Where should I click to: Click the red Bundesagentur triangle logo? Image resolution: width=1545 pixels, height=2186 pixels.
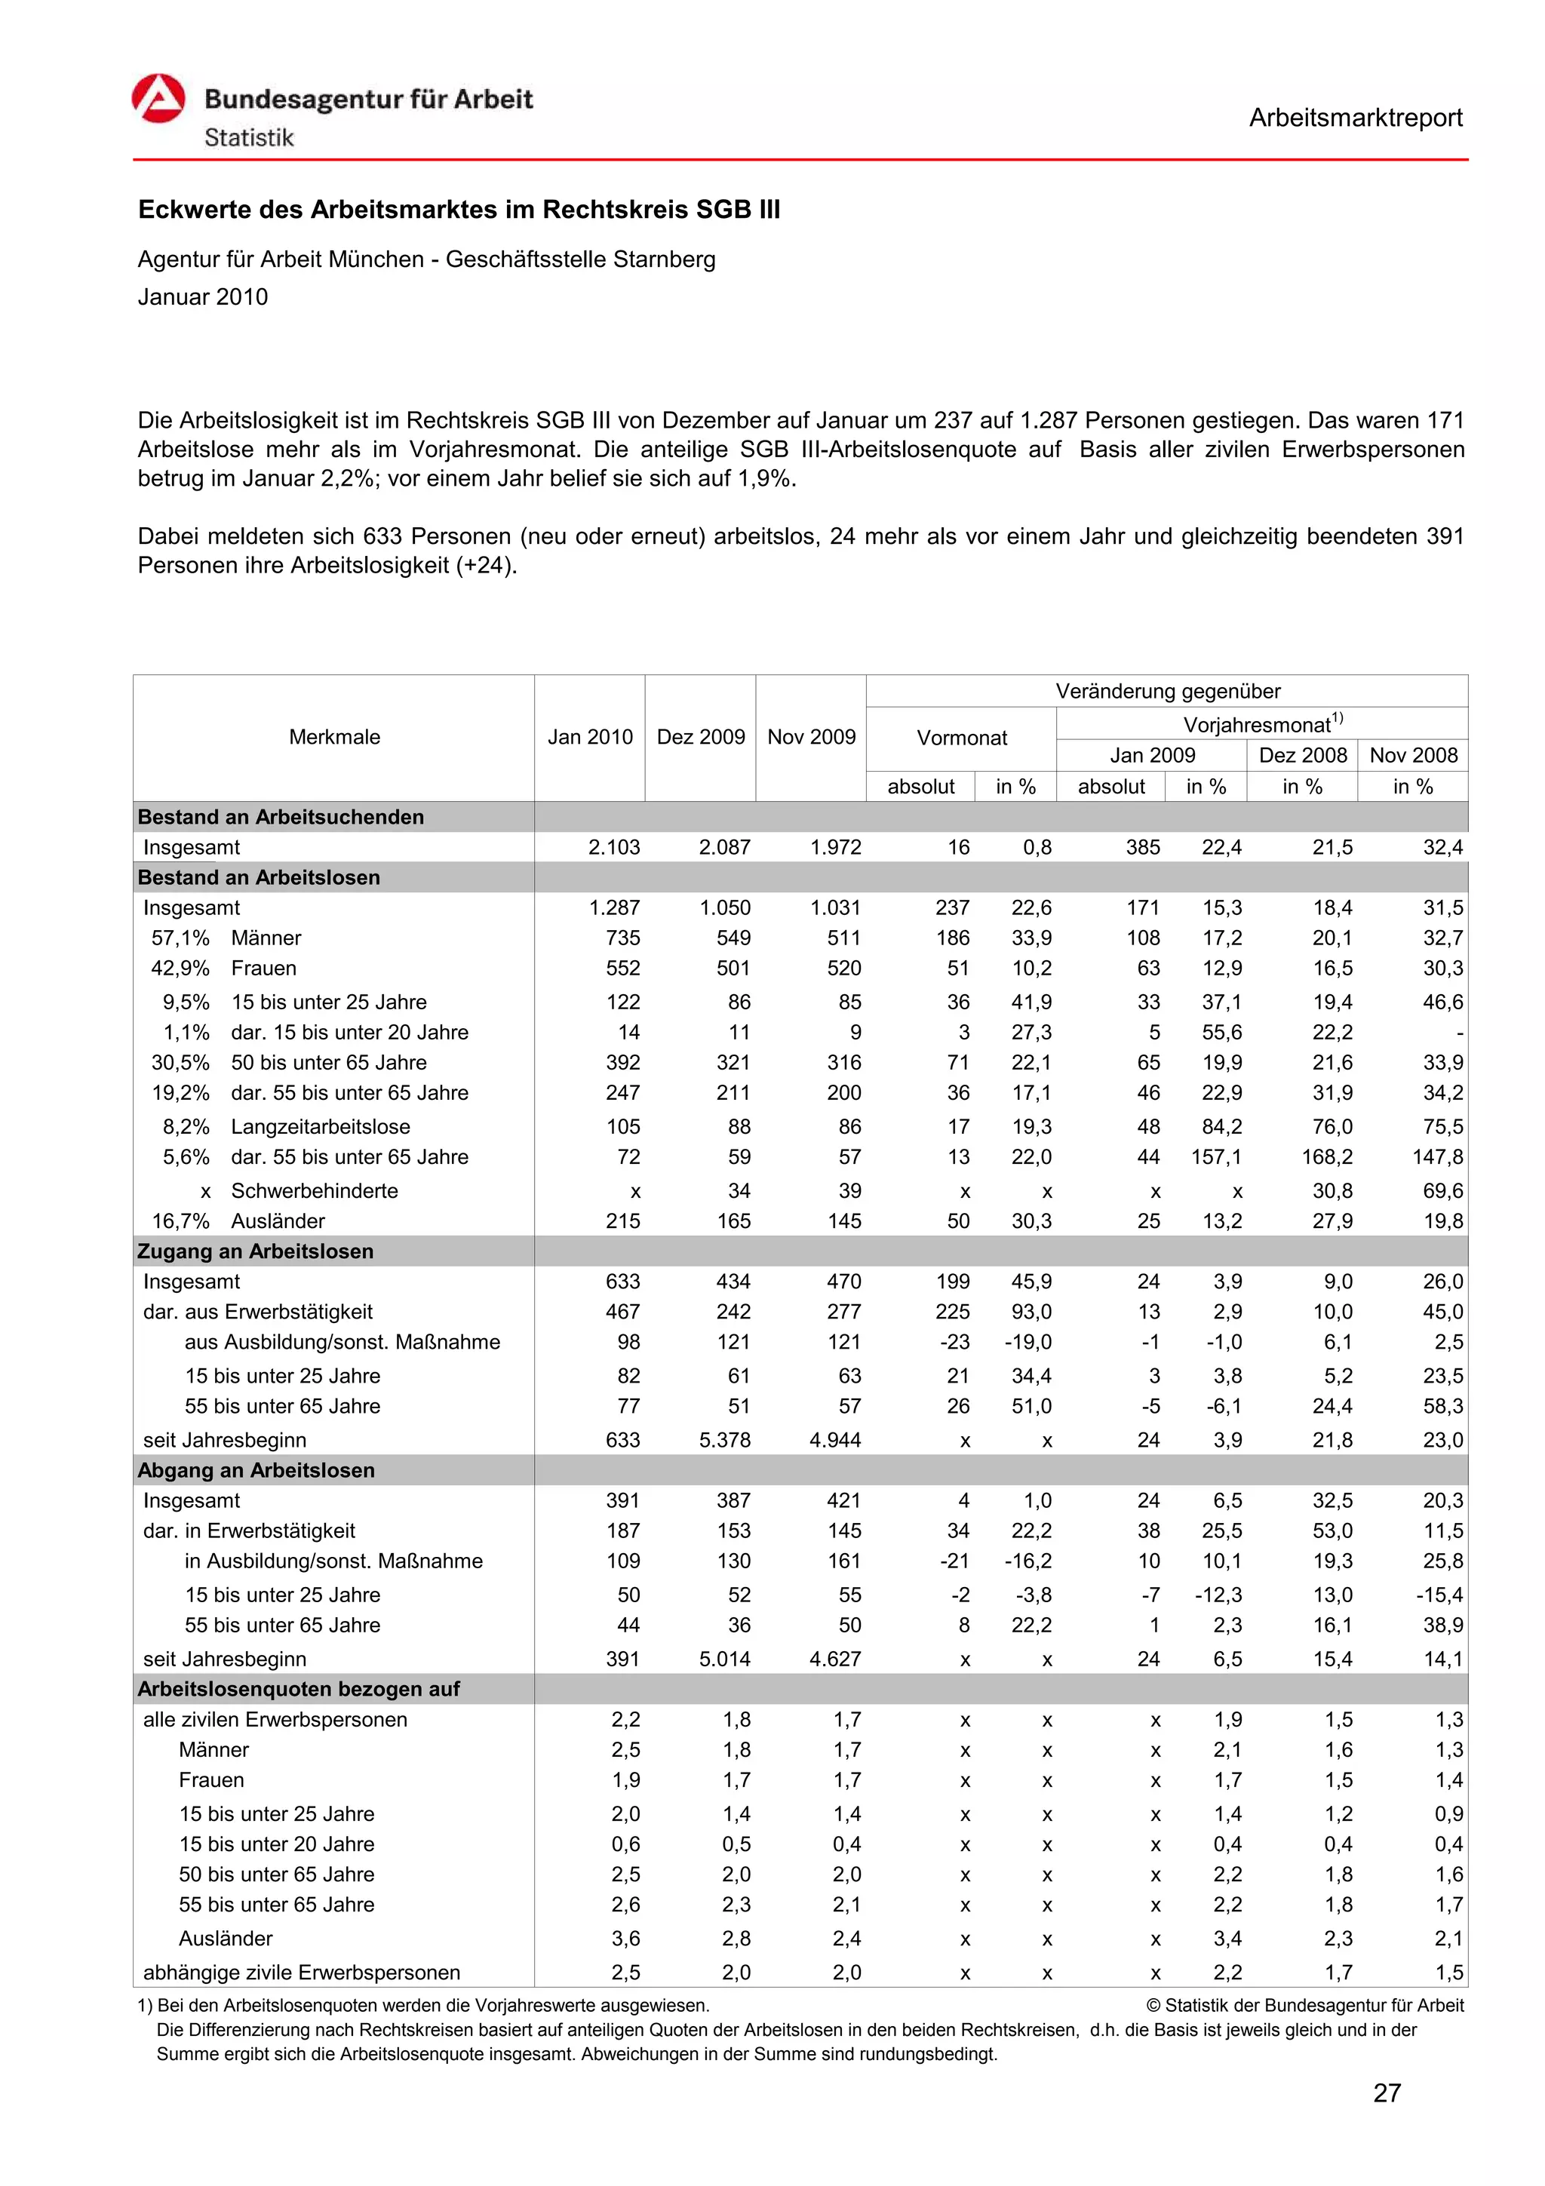158,99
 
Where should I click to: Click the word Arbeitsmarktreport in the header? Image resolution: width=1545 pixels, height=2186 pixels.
1355,118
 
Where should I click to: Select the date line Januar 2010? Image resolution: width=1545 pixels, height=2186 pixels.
203,297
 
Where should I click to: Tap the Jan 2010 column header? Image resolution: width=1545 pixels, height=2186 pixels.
589,737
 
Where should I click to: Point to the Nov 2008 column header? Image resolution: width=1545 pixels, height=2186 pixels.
1413,755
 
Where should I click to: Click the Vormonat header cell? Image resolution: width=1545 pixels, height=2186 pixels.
960,738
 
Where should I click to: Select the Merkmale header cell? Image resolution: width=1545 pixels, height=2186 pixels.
334,737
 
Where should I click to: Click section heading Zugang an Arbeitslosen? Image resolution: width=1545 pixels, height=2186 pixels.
255,1251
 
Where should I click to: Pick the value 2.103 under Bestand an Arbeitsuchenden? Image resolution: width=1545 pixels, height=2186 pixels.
614,847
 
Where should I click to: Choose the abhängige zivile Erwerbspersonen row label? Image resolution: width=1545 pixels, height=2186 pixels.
301,1972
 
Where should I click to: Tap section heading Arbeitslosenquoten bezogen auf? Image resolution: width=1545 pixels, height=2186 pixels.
298,1689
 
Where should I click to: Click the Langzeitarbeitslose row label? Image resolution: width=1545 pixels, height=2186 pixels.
320,1126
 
